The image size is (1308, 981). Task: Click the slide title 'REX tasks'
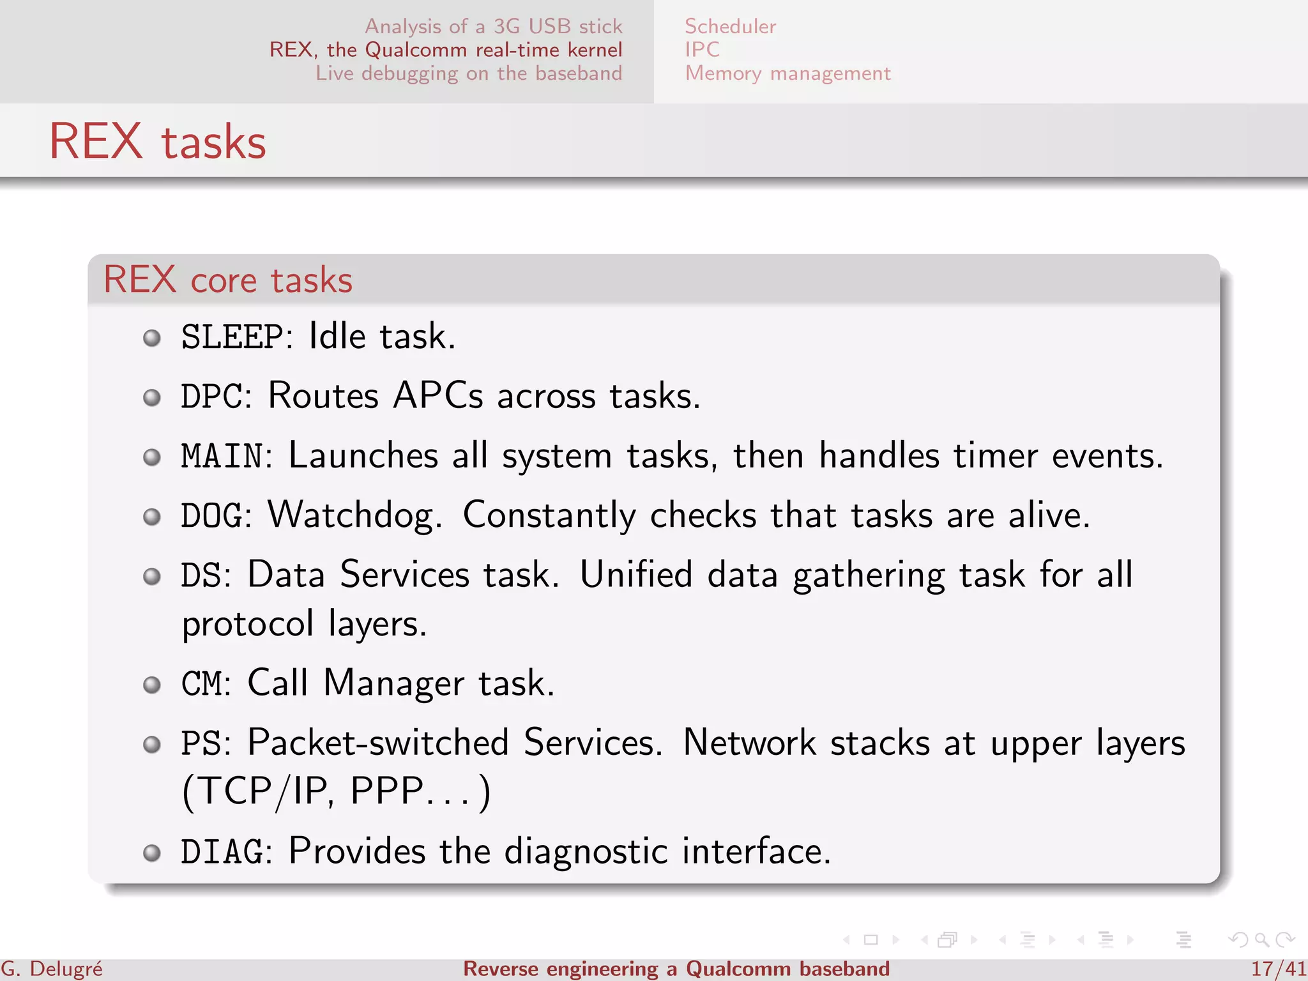click(158, 141)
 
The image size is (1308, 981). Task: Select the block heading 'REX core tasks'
click(228, 280)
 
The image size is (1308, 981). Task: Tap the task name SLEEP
click(232, 337)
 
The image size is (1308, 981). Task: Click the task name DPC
click(211, 396)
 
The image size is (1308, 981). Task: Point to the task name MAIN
click(222, 456)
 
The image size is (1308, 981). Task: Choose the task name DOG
click(211, 515)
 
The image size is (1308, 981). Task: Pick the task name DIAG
click(222, 852)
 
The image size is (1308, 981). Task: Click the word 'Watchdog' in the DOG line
click(354, 515)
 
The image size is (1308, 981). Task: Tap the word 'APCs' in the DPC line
click(438, 396)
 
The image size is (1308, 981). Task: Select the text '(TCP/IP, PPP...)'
click(337, 792)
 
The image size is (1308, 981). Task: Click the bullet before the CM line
click(152, 685)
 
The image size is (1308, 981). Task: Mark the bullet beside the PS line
click(152, 744)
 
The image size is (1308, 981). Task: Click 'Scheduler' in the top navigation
click(730, 26)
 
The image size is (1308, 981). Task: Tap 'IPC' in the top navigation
click(702, 50)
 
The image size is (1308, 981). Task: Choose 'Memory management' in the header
click(787, 73)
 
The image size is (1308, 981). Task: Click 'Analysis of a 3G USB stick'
click(493, 26)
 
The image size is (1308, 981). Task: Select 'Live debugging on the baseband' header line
click(469, 73)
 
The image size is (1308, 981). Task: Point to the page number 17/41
click(1278, 969)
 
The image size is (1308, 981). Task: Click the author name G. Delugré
click(52, 969)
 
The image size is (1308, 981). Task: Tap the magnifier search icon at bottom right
click(1261, 939)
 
